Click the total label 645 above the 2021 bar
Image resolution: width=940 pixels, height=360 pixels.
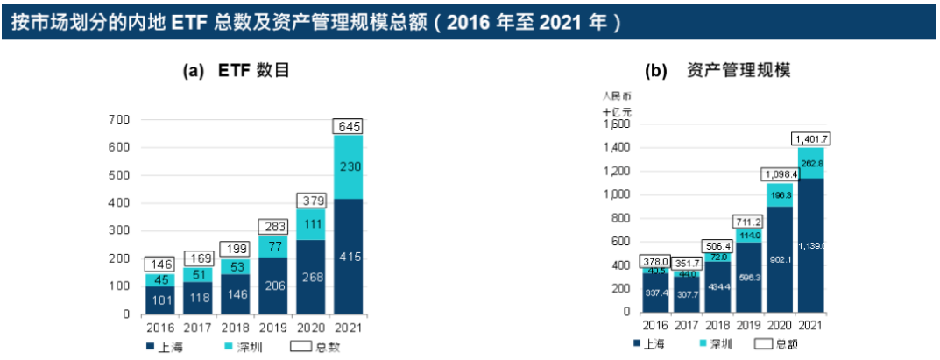coord(347,127)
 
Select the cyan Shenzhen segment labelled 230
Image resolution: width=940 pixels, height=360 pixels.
coord(348,166)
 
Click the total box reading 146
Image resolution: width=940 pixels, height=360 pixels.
coord(160,264)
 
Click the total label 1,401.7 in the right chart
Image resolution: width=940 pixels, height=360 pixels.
coord(810,138)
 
